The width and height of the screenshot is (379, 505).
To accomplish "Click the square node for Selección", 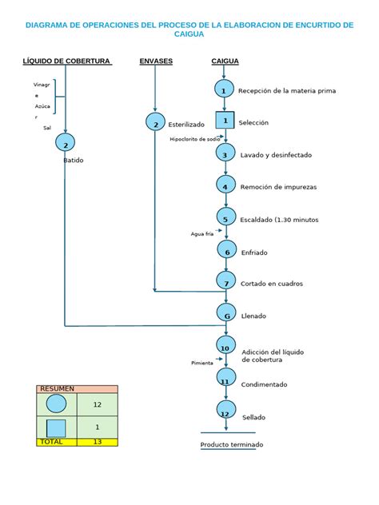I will (225, 121).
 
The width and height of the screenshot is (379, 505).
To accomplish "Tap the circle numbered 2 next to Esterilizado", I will (155, 122).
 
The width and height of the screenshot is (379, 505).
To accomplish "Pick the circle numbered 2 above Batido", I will (65, 143).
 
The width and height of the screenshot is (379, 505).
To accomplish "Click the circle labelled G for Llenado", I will (226, 315).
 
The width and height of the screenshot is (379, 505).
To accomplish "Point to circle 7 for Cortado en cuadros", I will (226, 282).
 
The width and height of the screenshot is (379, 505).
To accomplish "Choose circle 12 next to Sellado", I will (225, 412).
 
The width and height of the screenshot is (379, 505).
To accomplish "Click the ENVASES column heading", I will (156, 62).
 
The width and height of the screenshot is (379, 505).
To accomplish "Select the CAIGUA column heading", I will (225, 62).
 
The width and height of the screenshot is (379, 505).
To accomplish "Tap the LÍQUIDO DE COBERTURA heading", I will (66, 62).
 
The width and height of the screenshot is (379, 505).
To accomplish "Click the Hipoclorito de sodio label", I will (194, 139).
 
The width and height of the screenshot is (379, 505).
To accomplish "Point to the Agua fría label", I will (202, 234).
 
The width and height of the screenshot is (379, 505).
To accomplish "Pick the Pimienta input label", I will (201, 364).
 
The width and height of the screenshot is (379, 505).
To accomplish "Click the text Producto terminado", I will (231, 444).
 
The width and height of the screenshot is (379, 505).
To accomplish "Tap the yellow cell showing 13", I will (98, 441).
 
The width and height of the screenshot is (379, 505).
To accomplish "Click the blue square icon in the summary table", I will (56, 427).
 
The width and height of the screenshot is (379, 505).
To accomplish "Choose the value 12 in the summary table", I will (98, 405).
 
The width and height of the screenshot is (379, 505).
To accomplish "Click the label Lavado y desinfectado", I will (276, 155).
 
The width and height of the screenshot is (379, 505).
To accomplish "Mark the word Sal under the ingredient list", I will (47, 127).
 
